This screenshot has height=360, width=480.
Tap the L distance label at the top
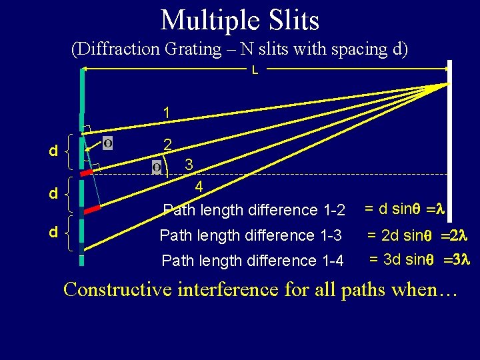pyautogui.click(x=255, y=70)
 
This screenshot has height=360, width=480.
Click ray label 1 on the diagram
pyautogui.click(x=167, y=113)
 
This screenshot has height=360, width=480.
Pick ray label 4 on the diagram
pyautogui.click(x=199, y=187)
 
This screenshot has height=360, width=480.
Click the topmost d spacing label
pyautogui.click(x=53, y=152)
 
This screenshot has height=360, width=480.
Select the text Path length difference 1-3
pyautogui.click(x=251, y=235)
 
